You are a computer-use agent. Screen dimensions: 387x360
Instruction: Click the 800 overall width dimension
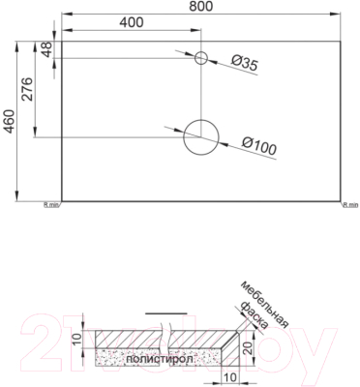tap(200, 8)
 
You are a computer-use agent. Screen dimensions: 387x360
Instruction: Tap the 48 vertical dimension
tap(45, 48)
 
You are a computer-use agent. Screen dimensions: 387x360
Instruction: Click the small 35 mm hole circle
tap(201, 58)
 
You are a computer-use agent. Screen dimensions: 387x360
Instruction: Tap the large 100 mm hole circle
tap(201, 136)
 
